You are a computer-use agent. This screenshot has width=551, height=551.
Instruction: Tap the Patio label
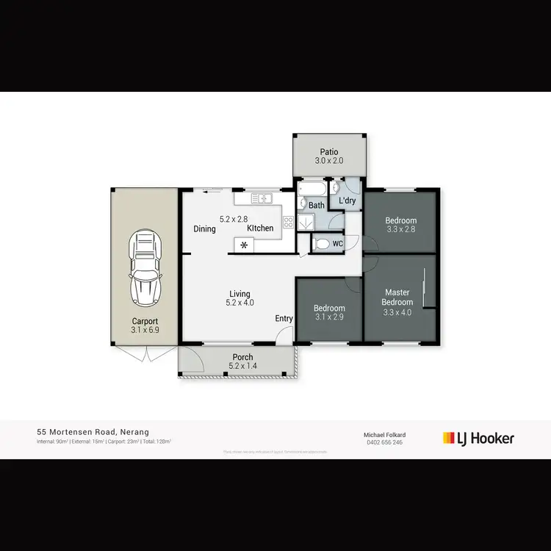(328, 152)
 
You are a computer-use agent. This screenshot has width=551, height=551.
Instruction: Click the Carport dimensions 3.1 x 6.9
(145, 331)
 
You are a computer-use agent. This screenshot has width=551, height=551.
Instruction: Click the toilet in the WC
(321, 244)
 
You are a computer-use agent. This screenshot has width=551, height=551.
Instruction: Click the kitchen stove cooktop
(288, 221)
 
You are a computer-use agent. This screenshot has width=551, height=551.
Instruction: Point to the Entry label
(284, 319)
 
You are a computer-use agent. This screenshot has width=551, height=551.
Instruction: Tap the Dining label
(204, 228)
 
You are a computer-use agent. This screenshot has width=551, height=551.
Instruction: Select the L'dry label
(347, 200)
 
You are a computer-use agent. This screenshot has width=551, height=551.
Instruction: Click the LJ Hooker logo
(478, 439)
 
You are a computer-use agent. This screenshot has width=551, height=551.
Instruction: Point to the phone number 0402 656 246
(385, 442)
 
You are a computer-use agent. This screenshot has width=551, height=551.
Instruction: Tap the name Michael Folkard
(385, 435)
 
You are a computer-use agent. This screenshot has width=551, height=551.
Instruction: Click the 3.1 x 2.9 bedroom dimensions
(329, 317)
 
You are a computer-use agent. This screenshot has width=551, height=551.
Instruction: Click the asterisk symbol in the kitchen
(244, 245)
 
